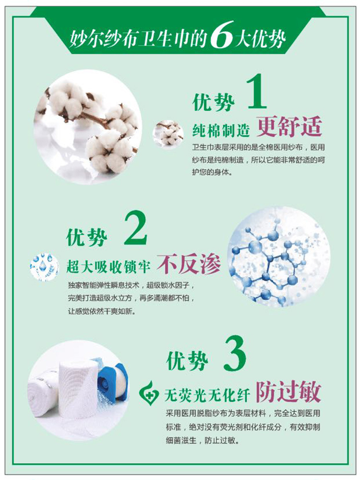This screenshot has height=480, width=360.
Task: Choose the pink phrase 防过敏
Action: tap(288, 392)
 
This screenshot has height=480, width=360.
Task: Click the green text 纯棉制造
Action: tap(221, 130)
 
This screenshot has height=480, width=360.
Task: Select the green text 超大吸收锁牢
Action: tap(108, 266)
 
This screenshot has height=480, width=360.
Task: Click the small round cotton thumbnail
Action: tap(168, 134)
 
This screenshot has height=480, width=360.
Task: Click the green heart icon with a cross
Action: tap(149, 392)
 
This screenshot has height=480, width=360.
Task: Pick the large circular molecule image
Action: tap(279, 257)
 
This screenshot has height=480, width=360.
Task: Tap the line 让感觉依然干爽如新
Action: tap(101, 312)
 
